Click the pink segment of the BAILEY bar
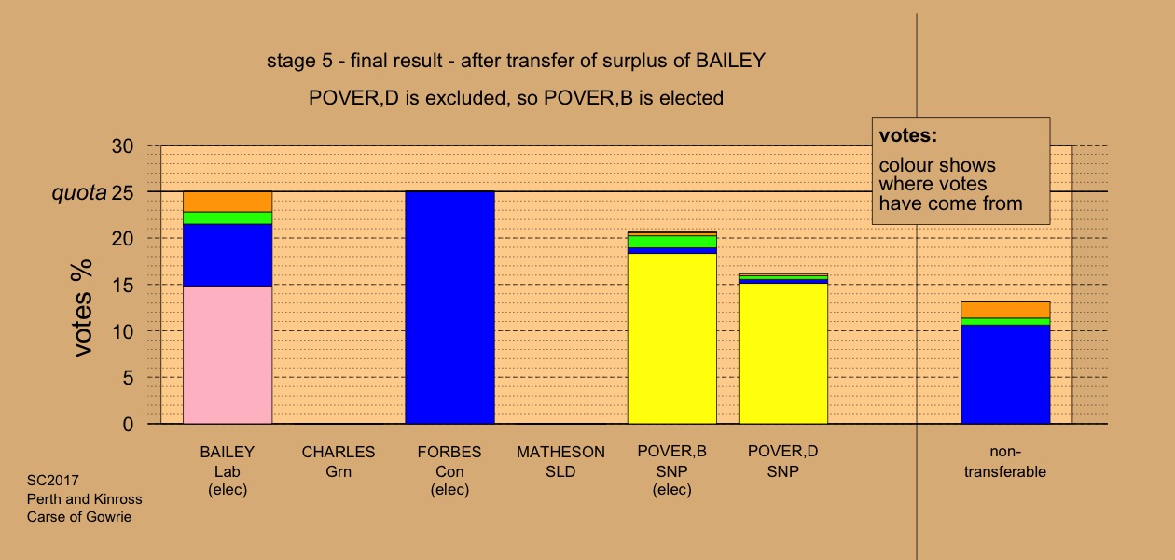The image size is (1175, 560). pyautogui.click(x=228, y=355)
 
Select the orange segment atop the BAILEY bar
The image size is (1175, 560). pyautogui.click(x=228, y=202)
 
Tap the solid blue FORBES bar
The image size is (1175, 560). pyautogui.click(x=449, y=308)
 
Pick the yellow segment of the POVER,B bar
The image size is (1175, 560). pyautogui.click(x=672, y=339)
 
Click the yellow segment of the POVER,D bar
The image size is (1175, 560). pyautogui.click(x=783, y=354)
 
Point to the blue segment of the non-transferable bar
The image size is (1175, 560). pyautogui.click(x=1005, y=374)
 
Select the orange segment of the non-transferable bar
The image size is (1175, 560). pyautogui.click(x=1005, y=310)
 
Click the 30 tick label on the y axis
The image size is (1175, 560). pyautogui.click(x=122, y=147)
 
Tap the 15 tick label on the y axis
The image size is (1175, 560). pyautogui.click(x=122, y=286)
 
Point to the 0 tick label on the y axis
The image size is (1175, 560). pyautogui.click(x=128, y=425)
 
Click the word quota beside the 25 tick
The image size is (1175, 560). pyautogui.click(x=79, y=193)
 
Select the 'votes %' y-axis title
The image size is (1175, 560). pyautogui.click(x=82, y=309)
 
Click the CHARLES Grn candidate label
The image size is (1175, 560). pyautogui.click(x=339, y=461)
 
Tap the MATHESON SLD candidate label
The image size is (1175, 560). pyautogui.click(x=560, y=461)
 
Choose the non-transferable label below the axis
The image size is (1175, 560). pyautogui.click(x=1005, y=461)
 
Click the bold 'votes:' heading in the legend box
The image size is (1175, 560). pyautogui.click(x=908, y=135)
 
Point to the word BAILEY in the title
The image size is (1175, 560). pyautogui.click(x=731, y=61)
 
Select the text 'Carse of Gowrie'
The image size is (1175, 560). pyautogui.click(x=79, y=517)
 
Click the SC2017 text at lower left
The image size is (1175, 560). pyautogui.click(x=53, y=481)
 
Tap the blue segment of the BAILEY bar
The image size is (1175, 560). pyautogui.click(x=228, y=255)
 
